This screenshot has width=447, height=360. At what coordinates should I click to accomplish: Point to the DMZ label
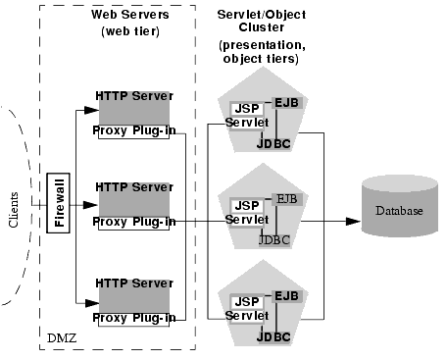click(x=61, y=338)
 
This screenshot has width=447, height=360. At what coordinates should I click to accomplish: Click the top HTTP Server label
click(x=134, y=95)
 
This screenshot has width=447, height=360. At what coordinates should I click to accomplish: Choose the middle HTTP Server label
click(x=134, y=186)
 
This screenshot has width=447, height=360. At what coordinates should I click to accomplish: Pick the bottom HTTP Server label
click(x=134, y=283)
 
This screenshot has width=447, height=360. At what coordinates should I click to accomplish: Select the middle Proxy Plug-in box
click(x=135, y=222)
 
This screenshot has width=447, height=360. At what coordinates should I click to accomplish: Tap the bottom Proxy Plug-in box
click(x=135, y=318)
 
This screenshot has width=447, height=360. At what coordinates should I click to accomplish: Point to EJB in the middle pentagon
click(x=287, y=199)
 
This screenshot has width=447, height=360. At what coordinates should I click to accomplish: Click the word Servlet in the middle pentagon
click(x=246, y=220)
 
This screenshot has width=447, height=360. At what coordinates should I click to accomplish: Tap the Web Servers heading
click(x=129, y=15)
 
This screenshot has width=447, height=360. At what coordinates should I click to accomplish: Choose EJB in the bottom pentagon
click(x=287, y=296)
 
